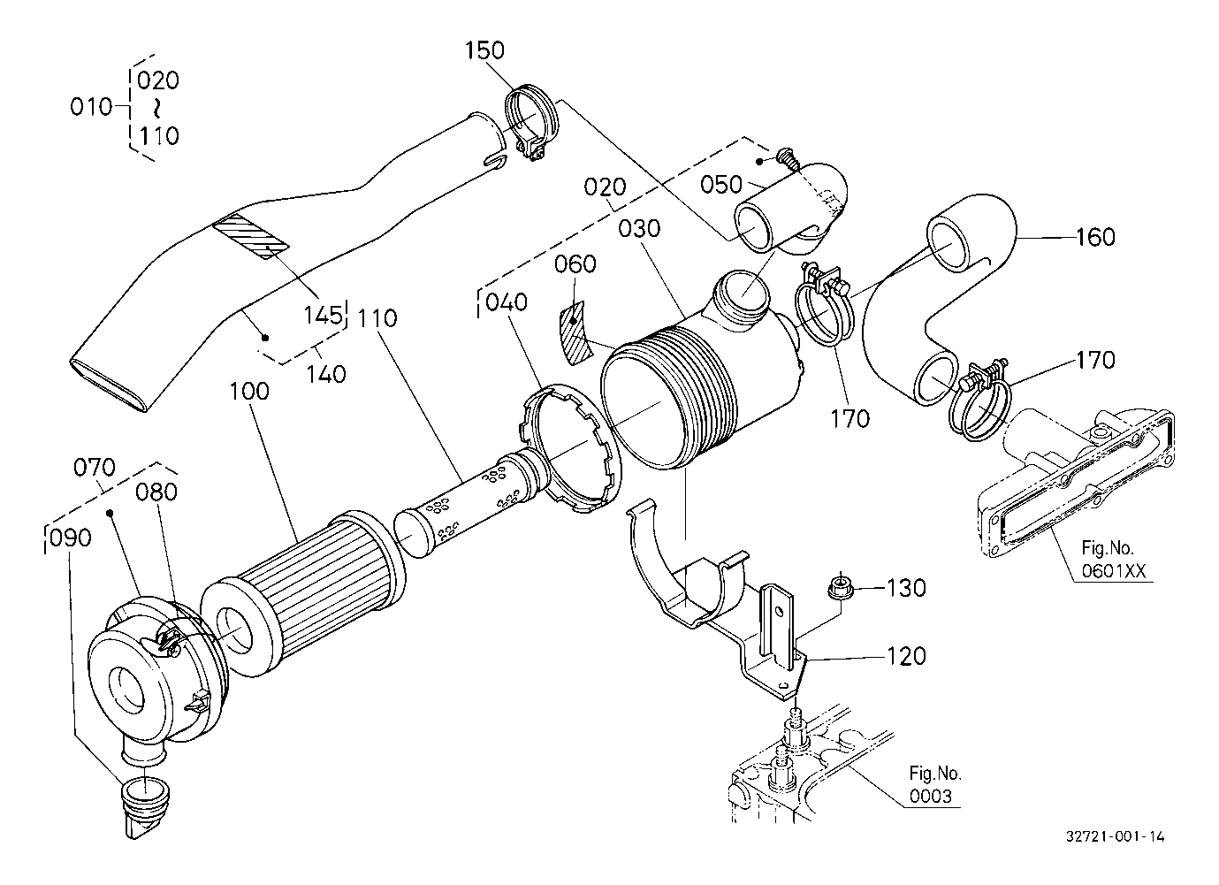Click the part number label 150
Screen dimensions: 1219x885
pos(484,50)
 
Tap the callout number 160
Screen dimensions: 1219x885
pos(1095,237)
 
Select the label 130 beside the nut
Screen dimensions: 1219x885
pos(907,588)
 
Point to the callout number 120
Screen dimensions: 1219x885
pos(907,657)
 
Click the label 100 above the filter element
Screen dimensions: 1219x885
pos(249,392)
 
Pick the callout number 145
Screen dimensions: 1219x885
pos(324,315)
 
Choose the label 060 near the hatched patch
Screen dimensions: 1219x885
pos(575,264)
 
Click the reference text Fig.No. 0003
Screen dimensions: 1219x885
pos(935,784)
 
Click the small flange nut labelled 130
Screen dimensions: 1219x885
pos(841,588)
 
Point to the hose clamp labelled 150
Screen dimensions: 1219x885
pos(530,123)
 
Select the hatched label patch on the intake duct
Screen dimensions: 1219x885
pos(251,240)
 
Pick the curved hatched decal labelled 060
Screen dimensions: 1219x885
pos(575,332)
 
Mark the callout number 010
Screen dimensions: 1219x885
pos(91,107)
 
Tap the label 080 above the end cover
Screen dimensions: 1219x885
pos(156,492)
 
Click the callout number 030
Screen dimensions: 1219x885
pos(639,229)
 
